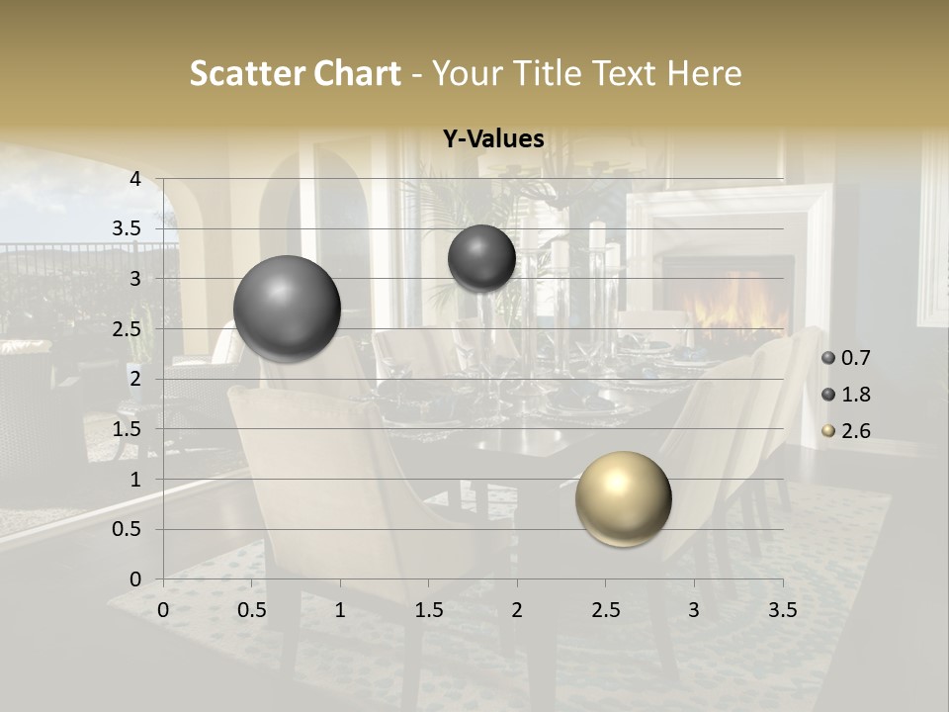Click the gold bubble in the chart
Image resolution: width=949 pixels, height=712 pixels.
click(x=623, y=498)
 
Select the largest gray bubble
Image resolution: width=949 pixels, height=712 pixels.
click(x=287, y=308)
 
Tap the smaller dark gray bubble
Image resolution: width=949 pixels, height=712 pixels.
click(x=481, y=258)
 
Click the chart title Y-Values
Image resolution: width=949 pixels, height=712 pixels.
click(x=492, y=139)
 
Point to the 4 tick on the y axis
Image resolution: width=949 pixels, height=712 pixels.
click(x=135, y=178)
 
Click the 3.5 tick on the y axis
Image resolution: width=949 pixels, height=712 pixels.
click(x=129, y=228)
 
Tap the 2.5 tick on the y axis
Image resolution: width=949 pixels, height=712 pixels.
click(x=129, y=328)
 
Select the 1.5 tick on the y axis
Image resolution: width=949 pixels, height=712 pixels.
click(x=129, y=429)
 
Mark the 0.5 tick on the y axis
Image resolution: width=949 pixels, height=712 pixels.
click(x=129, y=529)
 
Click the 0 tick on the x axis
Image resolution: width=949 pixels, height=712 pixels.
click(x=163, y=609)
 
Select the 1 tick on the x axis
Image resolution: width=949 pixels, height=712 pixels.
click(x=340, y=609)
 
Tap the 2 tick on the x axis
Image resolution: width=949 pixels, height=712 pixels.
click(x=517, y=609)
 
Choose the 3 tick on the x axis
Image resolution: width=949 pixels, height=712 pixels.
click(x=694, y=609)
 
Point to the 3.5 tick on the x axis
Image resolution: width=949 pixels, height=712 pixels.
click(x=782, y=609)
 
